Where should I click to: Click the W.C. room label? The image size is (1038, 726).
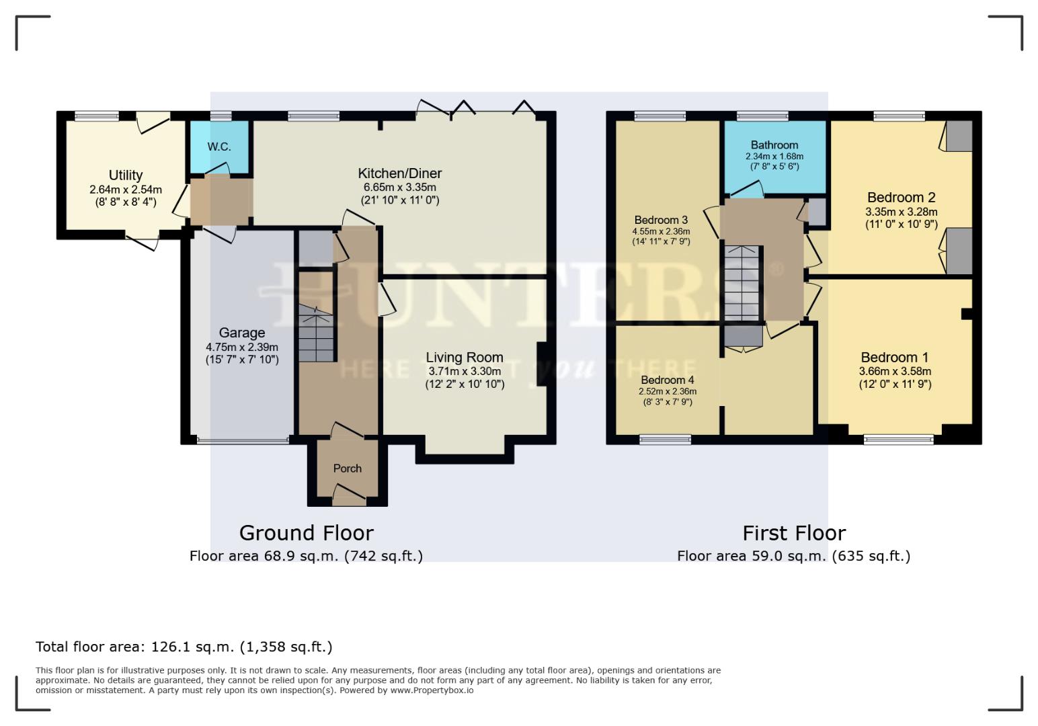[219, 147]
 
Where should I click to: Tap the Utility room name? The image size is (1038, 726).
[126, 175]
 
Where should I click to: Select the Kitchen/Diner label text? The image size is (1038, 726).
[399, 173]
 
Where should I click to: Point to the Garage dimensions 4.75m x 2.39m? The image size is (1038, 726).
[242, 347]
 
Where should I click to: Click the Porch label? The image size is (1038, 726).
[348, 469]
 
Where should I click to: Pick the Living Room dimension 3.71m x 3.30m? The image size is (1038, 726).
[465, 371]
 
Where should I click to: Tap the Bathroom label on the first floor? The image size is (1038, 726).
[774, 145]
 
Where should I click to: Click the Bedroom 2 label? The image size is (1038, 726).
[901, 198]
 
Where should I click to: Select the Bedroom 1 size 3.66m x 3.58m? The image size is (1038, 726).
[895, 371]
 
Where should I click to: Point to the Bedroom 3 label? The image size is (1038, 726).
[661, 220]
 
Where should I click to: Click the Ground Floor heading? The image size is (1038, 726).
[306, 533]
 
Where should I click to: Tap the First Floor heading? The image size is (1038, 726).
[794, 533]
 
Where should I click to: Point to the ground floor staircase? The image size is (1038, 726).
[317, 333]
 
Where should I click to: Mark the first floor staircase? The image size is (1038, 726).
[742, 283]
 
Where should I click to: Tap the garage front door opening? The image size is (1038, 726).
[243, 441]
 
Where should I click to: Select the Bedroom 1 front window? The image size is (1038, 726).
[899, 440]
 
